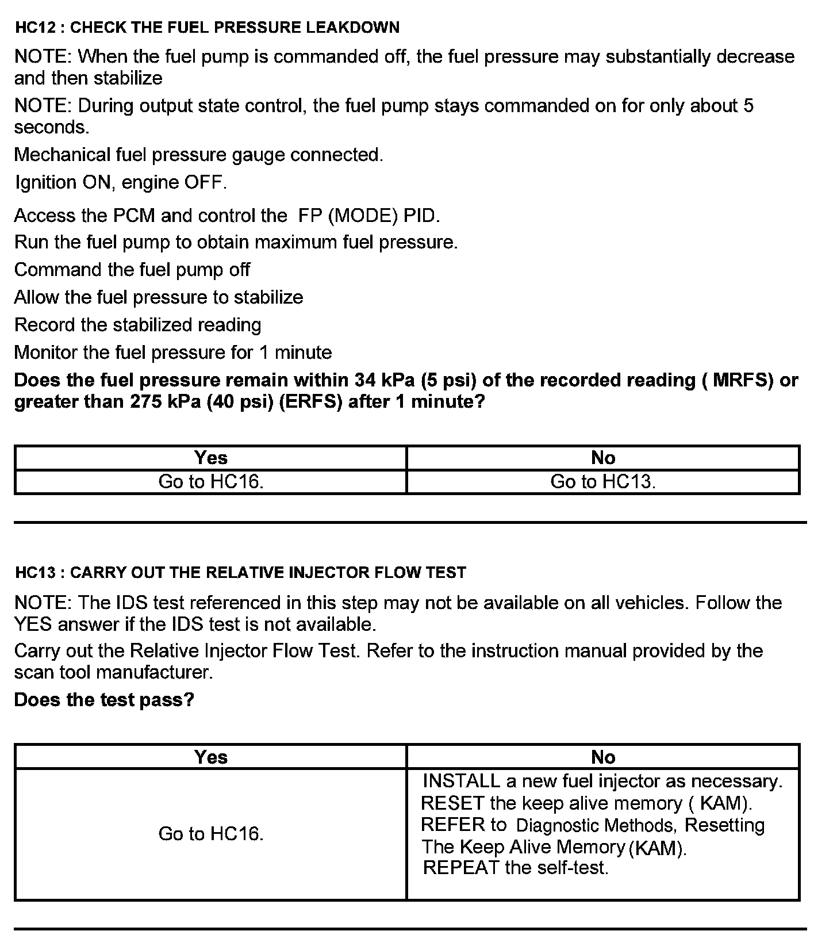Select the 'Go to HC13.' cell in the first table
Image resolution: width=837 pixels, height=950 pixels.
pos(602,481)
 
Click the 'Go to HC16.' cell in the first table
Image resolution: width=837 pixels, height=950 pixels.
pos(210,481)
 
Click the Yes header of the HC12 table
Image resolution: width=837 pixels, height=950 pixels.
pos(210,458)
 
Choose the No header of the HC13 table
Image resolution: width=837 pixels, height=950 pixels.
pos(602,757)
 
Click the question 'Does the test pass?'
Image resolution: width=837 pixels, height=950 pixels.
pos(104,700)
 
